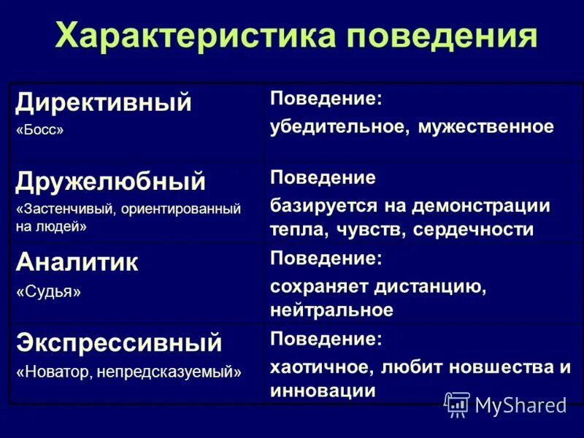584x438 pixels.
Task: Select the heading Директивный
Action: coord(104,102)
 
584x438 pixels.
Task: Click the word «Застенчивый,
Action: coord(63,210)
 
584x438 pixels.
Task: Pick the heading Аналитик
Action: coord(77,262)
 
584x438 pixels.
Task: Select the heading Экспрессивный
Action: coord(118,342)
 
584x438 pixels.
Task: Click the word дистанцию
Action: coord(431,285)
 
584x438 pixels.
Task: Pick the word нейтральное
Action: coord(331,310)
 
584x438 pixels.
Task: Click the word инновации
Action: coord(323,391)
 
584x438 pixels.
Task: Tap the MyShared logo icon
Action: coord(457,404)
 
